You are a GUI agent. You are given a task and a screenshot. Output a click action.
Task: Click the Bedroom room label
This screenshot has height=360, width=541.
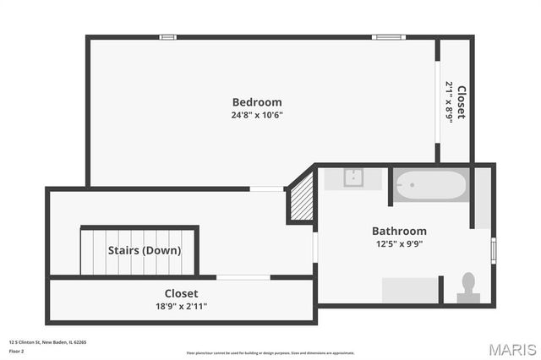click(x=257, y=102)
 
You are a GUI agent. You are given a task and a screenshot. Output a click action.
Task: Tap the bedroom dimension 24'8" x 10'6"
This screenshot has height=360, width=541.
click(x=257, y=115)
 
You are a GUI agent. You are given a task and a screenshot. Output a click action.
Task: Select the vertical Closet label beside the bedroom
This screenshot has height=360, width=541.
click(x=462, y=102)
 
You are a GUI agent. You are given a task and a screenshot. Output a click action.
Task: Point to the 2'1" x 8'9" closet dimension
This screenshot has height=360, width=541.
click(x=450, y=102)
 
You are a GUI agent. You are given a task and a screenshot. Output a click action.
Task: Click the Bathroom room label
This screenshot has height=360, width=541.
click(x=399, y=231)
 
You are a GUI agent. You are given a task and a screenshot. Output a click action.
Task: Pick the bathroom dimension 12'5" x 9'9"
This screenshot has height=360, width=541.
click(x=399, y=243)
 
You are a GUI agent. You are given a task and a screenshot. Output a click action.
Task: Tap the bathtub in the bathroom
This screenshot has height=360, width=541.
click(x=431, y=185)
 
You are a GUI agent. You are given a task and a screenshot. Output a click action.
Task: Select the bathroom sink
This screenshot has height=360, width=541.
click(x=353, y=178)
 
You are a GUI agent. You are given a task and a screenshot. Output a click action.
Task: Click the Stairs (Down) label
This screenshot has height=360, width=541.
click(x=144, y=250)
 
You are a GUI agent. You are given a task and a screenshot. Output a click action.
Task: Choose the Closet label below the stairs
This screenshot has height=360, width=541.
click(x=181, y=293)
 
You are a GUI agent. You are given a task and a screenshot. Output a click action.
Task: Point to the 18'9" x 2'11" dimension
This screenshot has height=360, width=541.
click(x=181, y=306)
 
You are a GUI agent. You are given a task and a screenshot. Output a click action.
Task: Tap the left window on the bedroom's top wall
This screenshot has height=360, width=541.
click(x=167, y=37)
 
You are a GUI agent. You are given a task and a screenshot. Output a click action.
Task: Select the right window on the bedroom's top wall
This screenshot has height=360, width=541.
click(x=387, y=37)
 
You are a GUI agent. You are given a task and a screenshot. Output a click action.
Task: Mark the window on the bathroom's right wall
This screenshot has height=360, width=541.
click(x=494, y=251)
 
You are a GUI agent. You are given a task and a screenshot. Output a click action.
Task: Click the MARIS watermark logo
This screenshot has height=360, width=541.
click(x=511, y=349)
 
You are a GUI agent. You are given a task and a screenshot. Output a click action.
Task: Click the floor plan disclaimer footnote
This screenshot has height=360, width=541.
click(x=270, y=352)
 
